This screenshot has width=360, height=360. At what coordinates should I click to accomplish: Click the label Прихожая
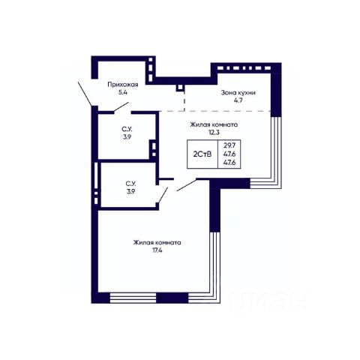click(x=123, y=85)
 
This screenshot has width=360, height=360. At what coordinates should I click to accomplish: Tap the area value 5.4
click(x=123, y=92)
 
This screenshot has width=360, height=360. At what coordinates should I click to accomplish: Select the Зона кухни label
click(x=238, y=93)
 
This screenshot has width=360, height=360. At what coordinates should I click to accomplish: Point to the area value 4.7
click(x=238, y=100)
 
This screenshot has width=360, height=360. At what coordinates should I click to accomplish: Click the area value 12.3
click(x=214, y=133)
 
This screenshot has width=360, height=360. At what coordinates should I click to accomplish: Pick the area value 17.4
click(x=157, y=250)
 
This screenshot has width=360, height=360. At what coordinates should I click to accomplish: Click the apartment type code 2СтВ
click(x=202, y=154)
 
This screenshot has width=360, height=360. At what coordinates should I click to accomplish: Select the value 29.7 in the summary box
click(x=229, y=145)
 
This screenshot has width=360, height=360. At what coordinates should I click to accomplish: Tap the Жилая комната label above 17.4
click(x=157, y=242)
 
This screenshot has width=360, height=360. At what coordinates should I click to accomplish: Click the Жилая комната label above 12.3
click(x=214, y=124)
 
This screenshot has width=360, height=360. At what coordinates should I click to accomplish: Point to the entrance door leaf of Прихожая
click(x=85, y=94)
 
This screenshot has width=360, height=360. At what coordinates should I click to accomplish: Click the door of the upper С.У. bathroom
click(x=121, y=107)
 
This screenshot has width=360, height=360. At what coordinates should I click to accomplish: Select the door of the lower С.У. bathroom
click(x=162, y=195)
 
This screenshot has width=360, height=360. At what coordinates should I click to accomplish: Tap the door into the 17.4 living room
click(x=187, y=185)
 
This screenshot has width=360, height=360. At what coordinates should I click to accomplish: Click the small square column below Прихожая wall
click(x=179, y=88)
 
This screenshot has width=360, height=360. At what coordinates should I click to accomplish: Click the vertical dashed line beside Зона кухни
click(x=184, y=101)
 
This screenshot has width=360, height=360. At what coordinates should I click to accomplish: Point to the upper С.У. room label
click(x=127, y=133)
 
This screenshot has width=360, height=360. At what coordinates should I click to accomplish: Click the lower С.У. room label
click(x=130, y=187)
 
